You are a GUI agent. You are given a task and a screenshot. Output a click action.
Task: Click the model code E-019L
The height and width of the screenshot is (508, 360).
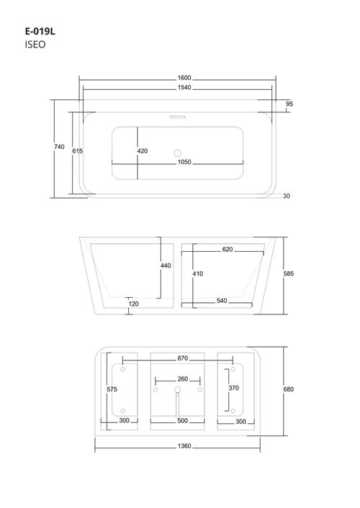[x=40, y=32]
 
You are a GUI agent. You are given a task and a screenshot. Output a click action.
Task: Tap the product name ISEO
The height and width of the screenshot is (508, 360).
[x=35, y=45]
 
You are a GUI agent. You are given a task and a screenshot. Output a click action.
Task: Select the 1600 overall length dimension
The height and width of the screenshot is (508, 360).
[x=184, y=78]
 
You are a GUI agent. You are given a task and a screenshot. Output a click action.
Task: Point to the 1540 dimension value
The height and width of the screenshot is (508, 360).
[x=184, y=88]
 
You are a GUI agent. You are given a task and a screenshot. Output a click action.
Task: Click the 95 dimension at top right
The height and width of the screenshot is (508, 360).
[x=289, y=104]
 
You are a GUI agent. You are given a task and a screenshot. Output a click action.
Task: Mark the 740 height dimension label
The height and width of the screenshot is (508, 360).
[x=59, y=147]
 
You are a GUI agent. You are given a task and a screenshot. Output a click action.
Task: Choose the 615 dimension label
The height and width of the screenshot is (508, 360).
[x=77, y=151]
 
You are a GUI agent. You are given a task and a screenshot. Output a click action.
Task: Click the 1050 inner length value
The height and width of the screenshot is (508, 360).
[x=184, y=162]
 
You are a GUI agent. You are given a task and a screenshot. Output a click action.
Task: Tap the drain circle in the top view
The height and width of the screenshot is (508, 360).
[x=177, y=153]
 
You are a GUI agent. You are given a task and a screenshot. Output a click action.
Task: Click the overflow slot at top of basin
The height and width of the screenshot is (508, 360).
[x=177, y=117]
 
